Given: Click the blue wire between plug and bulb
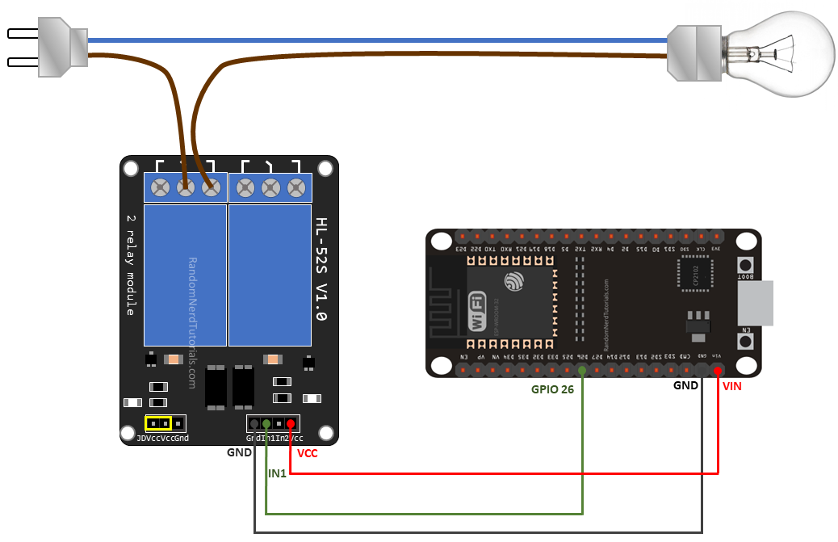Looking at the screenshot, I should tap(371, 40).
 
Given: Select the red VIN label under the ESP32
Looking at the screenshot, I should tap(731, 386).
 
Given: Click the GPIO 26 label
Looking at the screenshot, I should tap(553, 389).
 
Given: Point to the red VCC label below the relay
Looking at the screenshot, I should tap(307, 453).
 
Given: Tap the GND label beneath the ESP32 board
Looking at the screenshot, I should tap(685, 385).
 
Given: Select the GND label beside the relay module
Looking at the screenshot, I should tap(240, 452).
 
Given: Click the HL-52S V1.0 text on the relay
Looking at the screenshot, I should tap(321, 270).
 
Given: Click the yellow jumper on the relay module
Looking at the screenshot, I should tap(158, 423).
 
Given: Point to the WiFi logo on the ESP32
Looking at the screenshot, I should tap(477, 313).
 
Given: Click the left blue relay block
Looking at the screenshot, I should tap(185, 275).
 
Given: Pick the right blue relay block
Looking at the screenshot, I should tap(270, 275).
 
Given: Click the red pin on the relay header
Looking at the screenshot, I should tap(291, 423).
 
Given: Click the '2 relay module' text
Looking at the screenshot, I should tap(132, 264).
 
